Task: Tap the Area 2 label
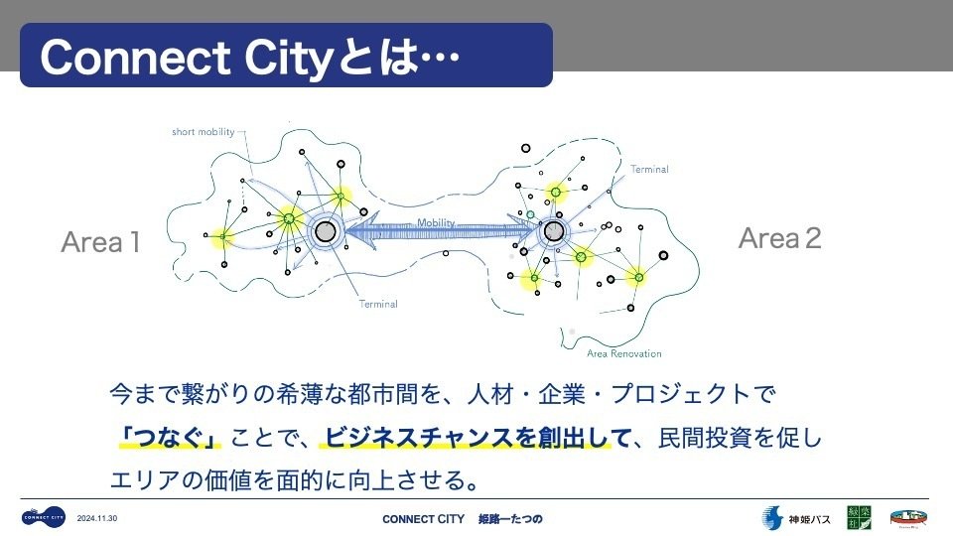(780, 238)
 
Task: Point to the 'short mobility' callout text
(203, 131)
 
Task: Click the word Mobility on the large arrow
(436, 222)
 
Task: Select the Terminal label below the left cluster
(378, 304)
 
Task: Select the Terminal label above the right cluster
(649, 170)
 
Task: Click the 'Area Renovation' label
(623, 353)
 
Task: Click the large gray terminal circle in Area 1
(325, 232)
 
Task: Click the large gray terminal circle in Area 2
(554, 232)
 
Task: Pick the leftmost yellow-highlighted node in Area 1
(223, 236)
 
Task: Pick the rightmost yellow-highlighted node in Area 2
(638, 277)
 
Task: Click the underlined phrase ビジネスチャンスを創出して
(477, 437)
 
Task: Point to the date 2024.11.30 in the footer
(98, 518)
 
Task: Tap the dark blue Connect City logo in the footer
(44, 517)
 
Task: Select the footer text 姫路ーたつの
(510, 519)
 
